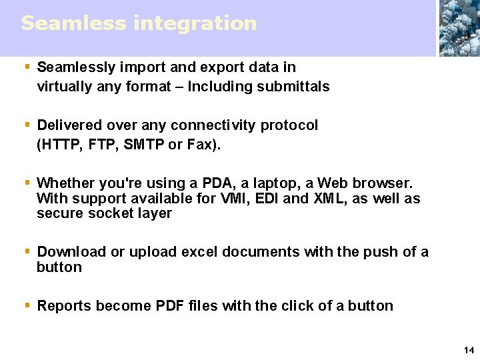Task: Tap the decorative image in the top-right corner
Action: pos(459,28)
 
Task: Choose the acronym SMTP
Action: pos(145,145)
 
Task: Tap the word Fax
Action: pos(200,145)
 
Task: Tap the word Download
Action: pos(71,252)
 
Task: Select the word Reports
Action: pos(64,306)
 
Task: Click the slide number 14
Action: pos(468,350)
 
